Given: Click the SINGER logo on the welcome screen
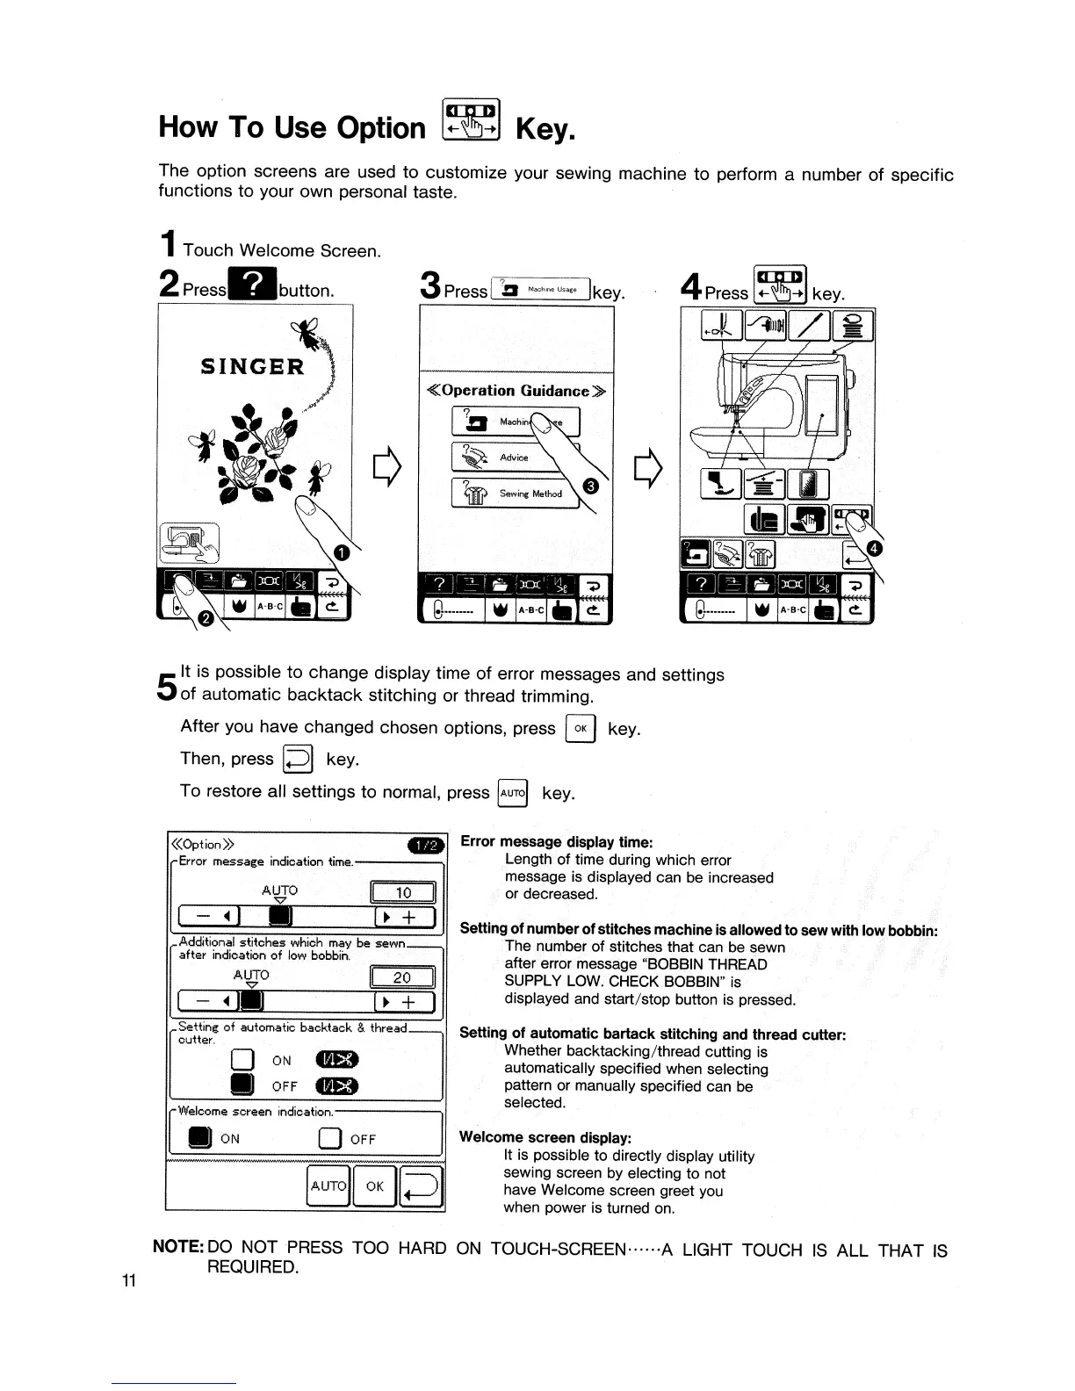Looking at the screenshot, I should [x=253, y=365].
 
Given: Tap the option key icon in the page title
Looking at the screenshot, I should [x=470, y=119].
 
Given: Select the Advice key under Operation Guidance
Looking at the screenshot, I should [x=513, y=458].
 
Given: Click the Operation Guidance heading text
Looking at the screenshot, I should [x=516, y=391].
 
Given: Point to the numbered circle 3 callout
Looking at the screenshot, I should [x=591, y=486].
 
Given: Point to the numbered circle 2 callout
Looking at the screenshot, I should [x=206, y=618].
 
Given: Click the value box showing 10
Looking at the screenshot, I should [x=403, y=893].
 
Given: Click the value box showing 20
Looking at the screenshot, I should [x=403, y=977].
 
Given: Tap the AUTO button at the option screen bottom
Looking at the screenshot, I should [x=328, y=1186].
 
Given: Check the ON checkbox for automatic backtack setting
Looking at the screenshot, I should [x=242, y=1060].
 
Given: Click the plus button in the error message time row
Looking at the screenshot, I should [x=406, y=918].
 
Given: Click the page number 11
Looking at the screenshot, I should [x=128, y=1280].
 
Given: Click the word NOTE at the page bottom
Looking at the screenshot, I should [x=178, y=1248].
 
